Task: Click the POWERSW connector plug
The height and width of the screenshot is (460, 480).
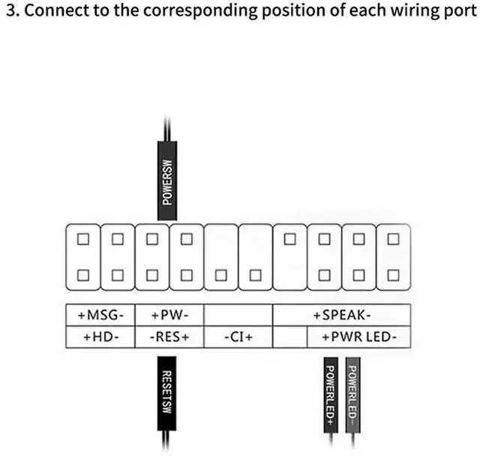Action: (x=168, y=175)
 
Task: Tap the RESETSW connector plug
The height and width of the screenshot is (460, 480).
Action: (x=168, y=393)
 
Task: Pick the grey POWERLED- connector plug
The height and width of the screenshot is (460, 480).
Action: (x=353, y=393)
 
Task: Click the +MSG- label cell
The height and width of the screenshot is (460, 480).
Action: (x=100, y=315)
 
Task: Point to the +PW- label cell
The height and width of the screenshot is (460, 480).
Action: (x=169, y=315)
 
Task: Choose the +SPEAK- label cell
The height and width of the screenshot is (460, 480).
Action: (x=341, y=315)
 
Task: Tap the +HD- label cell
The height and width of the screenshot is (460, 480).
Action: (x=100, y=337)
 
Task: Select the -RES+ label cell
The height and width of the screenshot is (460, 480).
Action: (x=169, y=337)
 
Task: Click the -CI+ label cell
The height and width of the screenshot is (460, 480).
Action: (x=238, y=337)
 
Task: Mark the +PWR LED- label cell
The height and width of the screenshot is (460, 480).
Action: (x=359, y=337)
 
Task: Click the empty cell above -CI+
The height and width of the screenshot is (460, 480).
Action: (x=238, y=315)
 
